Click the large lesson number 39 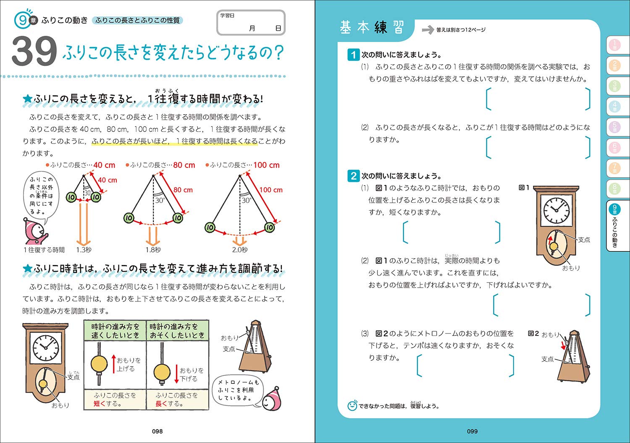tap(34, 52)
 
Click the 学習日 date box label tap(227, 16)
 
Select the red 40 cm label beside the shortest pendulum tap(108, 180)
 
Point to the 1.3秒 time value tap(84, 250)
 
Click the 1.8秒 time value tap(153, 250)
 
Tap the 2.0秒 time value tap(240, 250)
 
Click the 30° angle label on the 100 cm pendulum tap(246, 200)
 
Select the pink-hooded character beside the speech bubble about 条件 tap(34, 231)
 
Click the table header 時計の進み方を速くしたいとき tap(115, 331)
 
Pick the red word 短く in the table tap(100, 404)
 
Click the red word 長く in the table tap(161, 404)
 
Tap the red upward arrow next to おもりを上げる tap(113, 364)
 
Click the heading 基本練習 tap(372, 28)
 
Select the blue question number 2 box tap(353, 176)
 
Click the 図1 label tap(524, 188)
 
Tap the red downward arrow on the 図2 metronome tap(564, 345)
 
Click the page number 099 tap(472, 431)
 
